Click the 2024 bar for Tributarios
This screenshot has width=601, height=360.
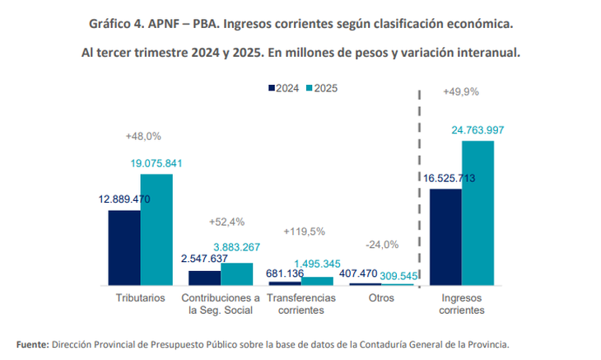tap(123, 247)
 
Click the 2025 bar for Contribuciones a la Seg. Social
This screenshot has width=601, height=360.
tap(237, 274)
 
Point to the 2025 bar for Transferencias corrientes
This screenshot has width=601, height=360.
tap(317, 281)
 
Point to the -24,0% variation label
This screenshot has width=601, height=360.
tap(382, 244)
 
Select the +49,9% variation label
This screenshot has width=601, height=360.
tap(461, 91)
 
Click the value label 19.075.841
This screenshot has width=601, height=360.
tap(156, 163)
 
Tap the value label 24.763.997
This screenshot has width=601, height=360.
tap(478, 130)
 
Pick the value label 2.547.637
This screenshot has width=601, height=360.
tap(206, 258)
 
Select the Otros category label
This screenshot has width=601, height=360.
tap(381, 297)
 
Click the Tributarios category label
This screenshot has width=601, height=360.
tap(140, 297)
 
